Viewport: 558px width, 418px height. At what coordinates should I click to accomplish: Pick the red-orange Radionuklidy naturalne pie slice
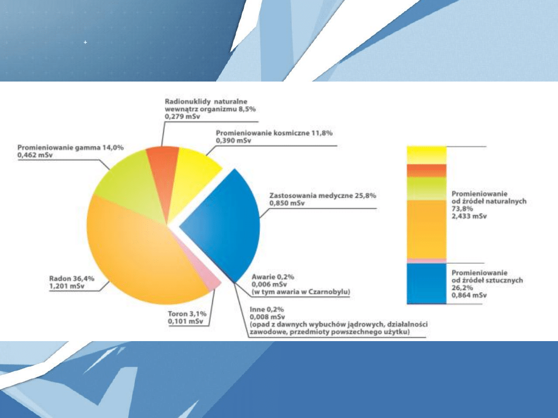[x=164, y=171]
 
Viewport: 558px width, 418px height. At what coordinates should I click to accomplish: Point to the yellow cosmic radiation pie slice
[x=192, y=174]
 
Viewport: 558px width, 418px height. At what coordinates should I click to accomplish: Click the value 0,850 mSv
[x=287, y=203]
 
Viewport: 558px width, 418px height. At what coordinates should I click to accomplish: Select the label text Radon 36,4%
[x=72, y=278]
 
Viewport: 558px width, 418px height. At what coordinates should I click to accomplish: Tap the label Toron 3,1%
[x=187, y=314]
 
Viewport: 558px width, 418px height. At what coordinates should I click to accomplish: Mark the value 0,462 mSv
[x=35, y=155]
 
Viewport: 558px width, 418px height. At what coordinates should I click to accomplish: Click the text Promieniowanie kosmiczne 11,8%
[x=274, y=133]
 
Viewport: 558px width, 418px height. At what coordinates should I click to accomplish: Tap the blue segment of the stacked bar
[x=426, y=283]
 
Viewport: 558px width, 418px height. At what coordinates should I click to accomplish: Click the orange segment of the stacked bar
[x=426, y=229]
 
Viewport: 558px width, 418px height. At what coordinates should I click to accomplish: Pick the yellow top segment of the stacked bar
[x=426, y=155]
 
